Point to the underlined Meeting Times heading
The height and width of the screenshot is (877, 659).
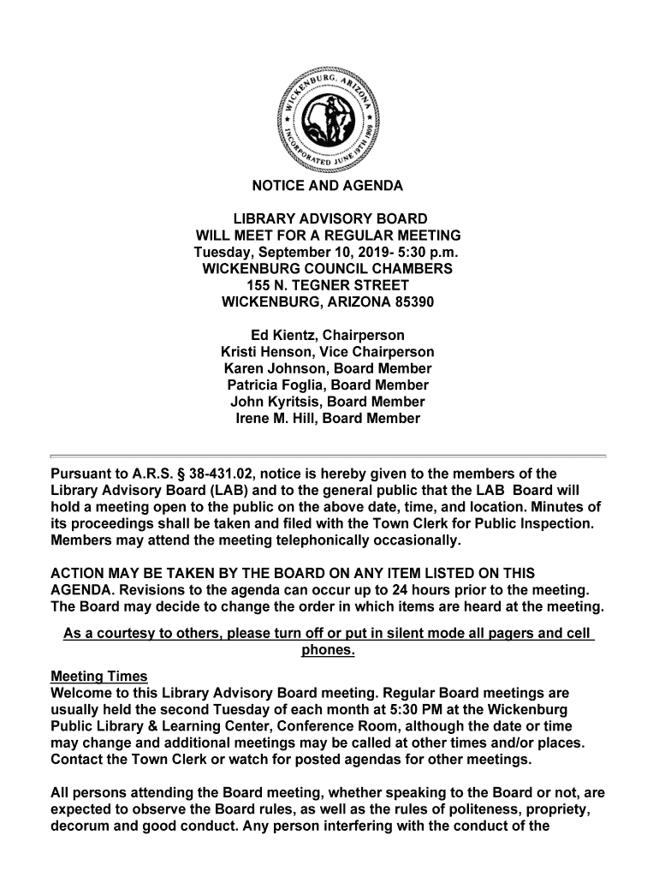click(99, 677)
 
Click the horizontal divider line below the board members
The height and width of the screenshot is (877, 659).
click(329, 456)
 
